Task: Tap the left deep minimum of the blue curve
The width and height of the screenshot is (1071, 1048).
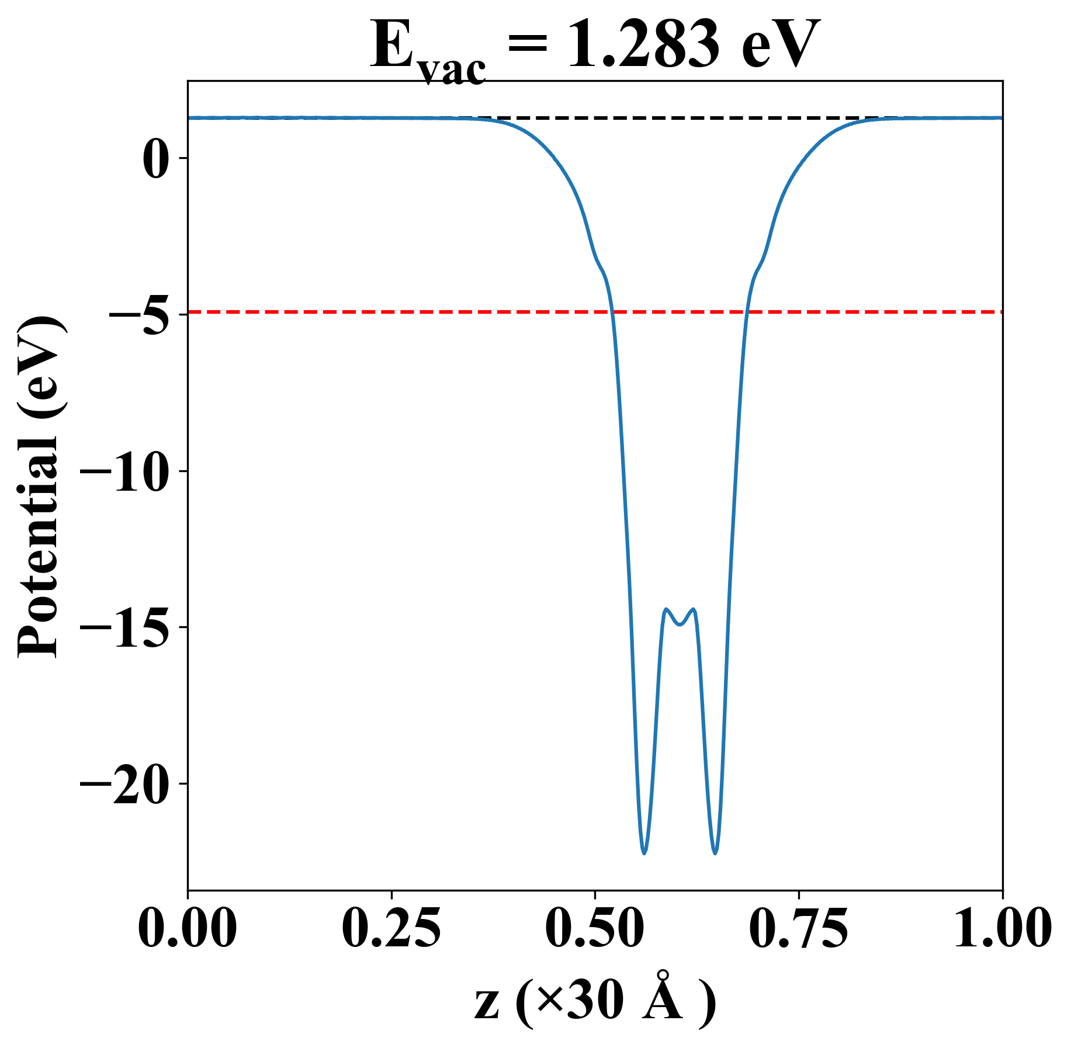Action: point(644,853)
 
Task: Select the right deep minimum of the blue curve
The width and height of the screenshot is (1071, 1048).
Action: point(715,853)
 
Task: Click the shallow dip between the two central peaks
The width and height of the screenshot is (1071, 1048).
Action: point(680,624)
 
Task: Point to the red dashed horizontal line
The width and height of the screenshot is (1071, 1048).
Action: point(409,313)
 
